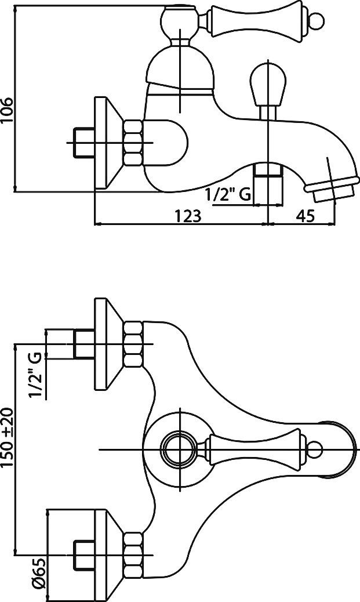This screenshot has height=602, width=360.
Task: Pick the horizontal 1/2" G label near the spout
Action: pos(228,195)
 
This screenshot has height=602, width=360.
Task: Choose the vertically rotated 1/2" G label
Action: pos(36,375)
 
